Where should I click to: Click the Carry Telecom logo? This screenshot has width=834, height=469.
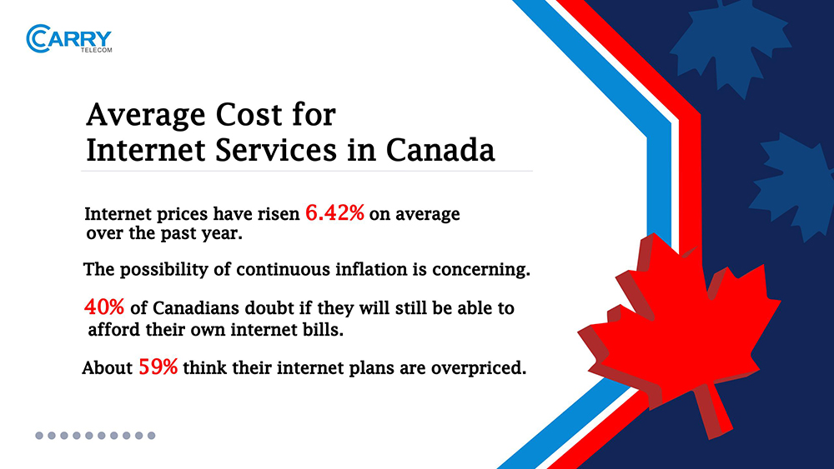point(69,39)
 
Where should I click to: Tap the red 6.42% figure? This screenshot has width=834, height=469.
point(334,213)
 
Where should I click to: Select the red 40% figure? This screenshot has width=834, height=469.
point(104,307)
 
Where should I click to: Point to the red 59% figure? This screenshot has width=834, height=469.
point(158,367)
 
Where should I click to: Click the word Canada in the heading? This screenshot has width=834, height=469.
point(440,150)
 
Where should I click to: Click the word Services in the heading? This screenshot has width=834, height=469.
point(276,150)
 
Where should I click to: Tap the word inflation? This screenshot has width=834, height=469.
point(370,269)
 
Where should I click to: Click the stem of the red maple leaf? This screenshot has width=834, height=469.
point(714,411)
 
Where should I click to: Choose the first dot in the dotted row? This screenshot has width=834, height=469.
point(39,436)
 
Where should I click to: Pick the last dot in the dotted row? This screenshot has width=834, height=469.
point(152,436)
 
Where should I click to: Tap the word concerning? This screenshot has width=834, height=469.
point(481,270)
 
